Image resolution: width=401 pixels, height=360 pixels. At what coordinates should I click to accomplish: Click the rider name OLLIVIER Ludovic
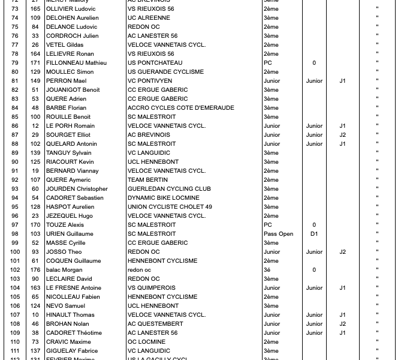[71, 9]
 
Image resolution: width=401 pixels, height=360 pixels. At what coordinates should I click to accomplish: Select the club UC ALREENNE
[149, 18]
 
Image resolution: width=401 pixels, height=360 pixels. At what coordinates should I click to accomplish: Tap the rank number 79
[15, 63]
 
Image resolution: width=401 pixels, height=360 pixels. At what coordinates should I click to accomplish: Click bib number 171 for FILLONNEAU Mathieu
[35, 63]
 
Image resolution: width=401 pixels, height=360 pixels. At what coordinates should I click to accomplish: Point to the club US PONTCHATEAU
[155, 63]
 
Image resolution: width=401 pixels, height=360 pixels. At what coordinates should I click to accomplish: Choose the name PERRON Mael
[66, 81]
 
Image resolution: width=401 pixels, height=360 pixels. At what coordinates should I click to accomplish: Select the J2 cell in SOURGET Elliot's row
[342, 135]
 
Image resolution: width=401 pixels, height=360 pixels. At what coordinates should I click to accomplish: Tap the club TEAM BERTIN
[147, 180]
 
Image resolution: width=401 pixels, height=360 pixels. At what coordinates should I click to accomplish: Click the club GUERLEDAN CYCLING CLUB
[169, 189]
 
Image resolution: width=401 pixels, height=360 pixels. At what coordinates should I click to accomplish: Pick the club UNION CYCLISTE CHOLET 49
[170, 207]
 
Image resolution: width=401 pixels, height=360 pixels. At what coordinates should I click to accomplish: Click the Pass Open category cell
[278, 234]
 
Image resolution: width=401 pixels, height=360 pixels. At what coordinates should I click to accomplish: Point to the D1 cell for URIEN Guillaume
[314, 234]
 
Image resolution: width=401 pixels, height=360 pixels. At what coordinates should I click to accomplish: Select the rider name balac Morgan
[64, 270]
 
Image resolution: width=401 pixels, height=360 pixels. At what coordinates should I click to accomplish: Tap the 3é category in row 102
[267, 270]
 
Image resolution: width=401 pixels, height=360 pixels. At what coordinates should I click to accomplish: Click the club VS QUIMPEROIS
[152, 288]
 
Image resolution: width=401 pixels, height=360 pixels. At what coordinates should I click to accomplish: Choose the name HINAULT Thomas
[70, 315]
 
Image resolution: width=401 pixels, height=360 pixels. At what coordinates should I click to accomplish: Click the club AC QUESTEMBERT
[155, 324]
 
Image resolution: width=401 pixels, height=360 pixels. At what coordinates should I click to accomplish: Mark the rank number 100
[15, 252]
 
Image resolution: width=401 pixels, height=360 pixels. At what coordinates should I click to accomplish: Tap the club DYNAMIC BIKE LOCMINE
[163, 198]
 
